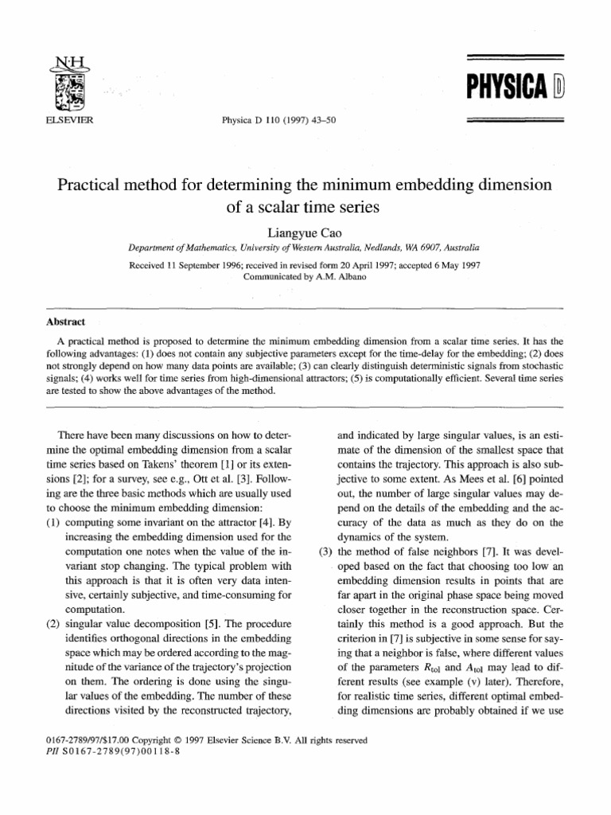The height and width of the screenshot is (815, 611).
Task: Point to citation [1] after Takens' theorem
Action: pos(232,466)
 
